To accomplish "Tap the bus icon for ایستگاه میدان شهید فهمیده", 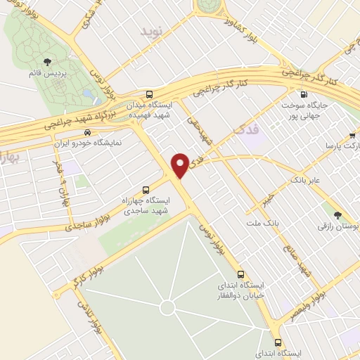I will click(x=148, y=94).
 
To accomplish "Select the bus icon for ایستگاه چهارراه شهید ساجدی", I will click(x=146, y=189).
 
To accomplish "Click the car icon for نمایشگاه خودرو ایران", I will click(x=86, y=132).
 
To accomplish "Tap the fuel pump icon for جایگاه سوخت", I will click(x=303, y=95).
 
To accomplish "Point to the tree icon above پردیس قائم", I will click(x=48, y=62).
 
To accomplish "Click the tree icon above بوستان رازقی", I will click(x=337, y=215).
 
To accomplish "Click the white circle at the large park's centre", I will click(x=167, y=307).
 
